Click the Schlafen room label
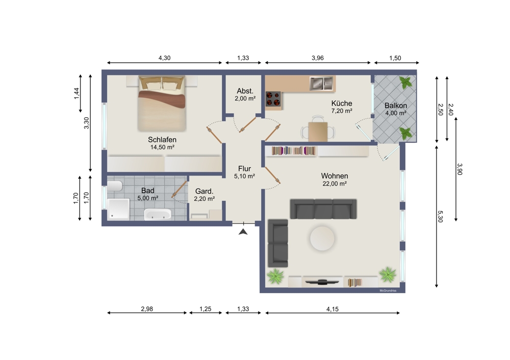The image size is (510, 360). (162, 140)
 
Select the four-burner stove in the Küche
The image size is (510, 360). (273, 99)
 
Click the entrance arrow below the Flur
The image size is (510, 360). (243, 232)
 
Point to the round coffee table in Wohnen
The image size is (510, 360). (322, 238)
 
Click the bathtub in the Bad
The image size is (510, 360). (158, 214)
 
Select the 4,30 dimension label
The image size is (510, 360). (165, 58)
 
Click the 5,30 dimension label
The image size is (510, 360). (441, 217)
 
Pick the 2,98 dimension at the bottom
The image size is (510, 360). (147, 309)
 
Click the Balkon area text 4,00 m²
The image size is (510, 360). (396, 113)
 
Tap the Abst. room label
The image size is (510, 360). (245, 91)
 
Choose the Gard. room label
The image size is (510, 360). (205, 191)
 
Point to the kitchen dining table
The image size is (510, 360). (318, 132)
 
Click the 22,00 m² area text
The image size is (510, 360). (335, 184)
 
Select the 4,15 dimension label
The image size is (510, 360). (333, 309)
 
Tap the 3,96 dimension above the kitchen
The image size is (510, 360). (318, 58)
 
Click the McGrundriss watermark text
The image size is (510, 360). (388, 291)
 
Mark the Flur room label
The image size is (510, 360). (245, 168)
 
